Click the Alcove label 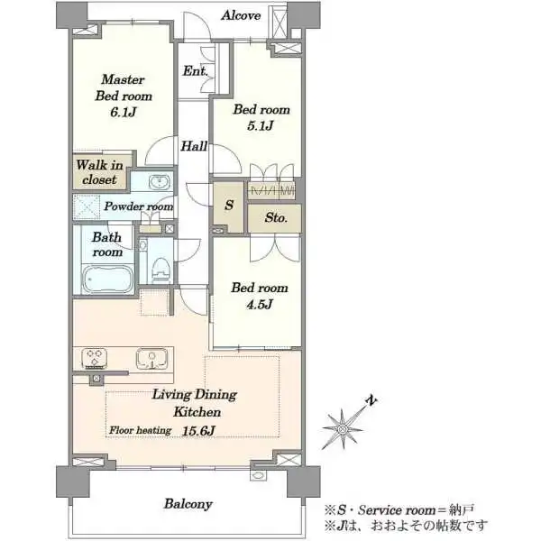click(x=241, y=15)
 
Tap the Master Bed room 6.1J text click(x=124, y=96)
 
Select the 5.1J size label click(x=261, y=125)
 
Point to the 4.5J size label click(x=260, y=305)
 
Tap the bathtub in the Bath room click(x=107, y=279)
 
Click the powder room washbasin click(x=160, y=182)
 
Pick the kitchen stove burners click(x=94, y=357)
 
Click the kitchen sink click(x=151, y=358)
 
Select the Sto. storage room click(x=275, y=218)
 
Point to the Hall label click(x=194, y=146)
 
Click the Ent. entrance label click(x=195, y=71)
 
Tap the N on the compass click(x=371, y=400)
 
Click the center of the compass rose click(x=343, y=429)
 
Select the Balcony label click(x=188, y=504)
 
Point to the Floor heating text click(x=140, y=430)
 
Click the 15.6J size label click(x=198, y=431)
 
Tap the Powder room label click(x=139, y=206)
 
